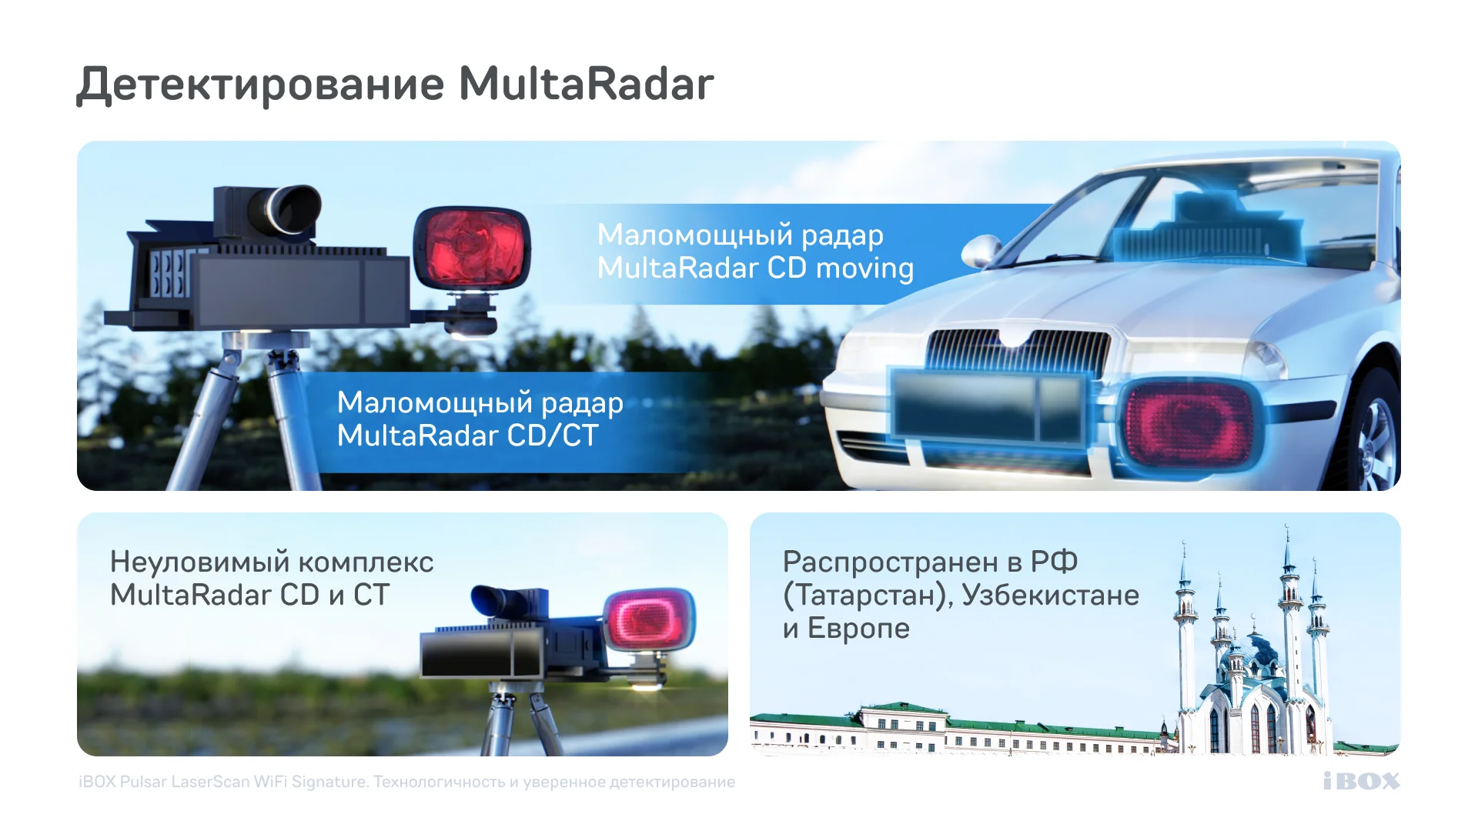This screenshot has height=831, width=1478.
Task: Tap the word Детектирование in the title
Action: pos(261,86)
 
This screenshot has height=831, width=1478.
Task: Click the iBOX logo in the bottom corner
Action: pos(1361,781)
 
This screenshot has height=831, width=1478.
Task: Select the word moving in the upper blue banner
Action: pos(864,269)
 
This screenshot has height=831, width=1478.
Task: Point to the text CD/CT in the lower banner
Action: pos(552,436)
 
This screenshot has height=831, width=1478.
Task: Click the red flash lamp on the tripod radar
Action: pos(472,248)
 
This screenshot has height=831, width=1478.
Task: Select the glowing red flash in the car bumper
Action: pos(1189,422)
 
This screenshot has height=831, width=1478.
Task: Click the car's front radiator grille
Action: pos(1017,351)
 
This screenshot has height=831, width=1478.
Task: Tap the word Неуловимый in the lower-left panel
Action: pos(199,562)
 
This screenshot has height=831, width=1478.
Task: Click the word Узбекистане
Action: pos(1051,595)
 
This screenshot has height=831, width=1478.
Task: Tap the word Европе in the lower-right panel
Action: pos(858,629)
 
